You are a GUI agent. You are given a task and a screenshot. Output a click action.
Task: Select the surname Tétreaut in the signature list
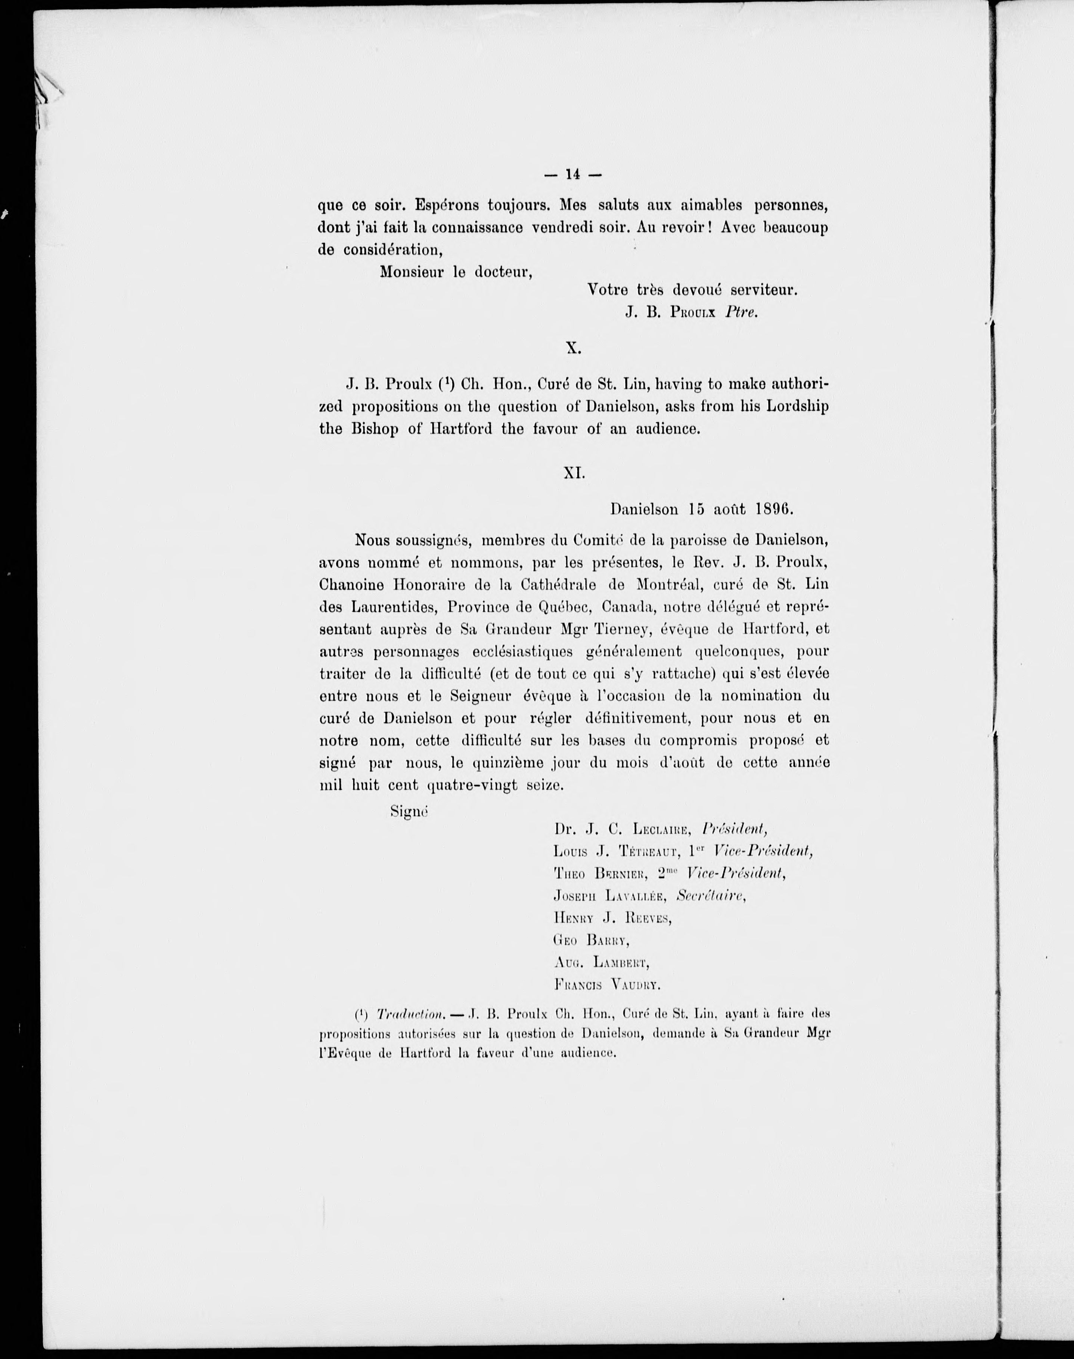pos(648,852)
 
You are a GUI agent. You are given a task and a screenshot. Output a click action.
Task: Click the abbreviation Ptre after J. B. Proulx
pos(742,312)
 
